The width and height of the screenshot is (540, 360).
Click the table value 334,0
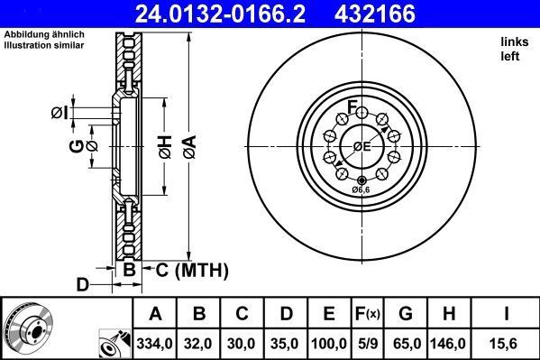tap(156, 344)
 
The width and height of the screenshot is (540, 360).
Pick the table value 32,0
tap(200, 344)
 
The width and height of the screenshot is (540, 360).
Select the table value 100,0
tap(329, 344)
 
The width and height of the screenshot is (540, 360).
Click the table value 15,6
tap(508, 344)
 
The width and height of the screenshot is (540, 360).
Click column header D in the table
tap(286, 314)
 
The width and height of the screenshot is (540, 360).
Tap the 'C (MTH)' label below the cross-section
tap(191, 270)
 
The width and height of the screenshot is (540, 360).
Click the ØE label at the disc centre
tap(362, 147)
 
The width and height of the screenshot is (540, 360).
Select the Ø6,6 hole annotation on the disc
tap(361, 190)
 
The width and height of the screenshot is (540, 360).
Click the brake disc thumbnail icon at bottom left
tap(27, 327)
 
